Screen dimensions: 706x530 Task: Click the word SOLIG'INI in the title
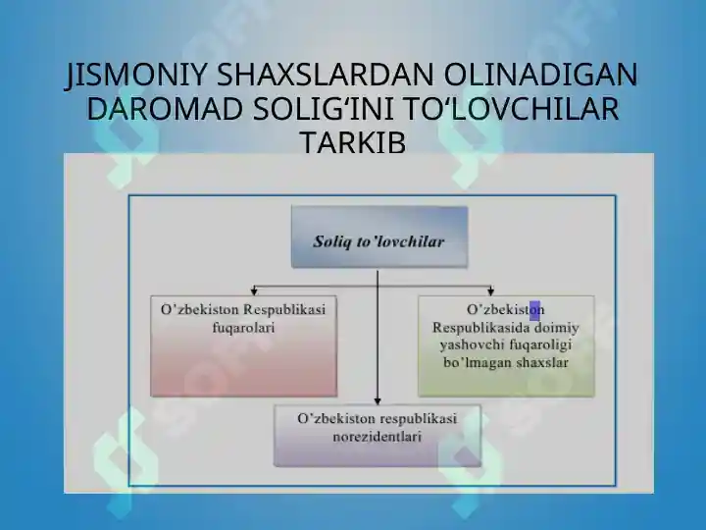(x=326, y=109)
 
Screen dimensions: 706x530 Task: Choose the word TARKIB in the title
(x=353, y=143)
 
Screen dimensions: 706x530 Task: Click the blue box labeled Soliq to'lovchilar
(x=379, y=238)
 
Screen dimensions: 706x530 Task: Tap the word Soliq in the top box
(x=332, y=242)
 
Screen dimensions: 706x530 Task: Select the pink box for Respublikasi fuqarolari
(x=243, y=346)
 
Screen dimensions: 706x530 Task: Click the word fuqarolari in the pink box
(x=243, y=328)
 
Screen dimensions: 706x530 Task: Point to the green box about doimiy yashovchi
(x=506, y=346)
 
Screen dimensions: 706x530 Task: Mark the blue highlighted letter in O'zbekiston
(x=534, y=310)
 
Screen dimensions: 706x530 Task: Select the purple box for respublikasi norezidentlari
(x=378, y=436)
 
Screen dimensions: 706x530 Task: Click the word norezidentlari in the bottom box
(x=378, y=437)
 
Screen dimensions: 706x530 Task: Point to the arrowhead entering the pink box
(x=254, y=292)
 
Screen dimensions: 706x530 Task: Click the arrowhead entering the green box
(x=491, y=292)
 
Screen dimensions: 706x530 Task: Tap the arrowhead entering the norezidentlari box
(x=378, y=401)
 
